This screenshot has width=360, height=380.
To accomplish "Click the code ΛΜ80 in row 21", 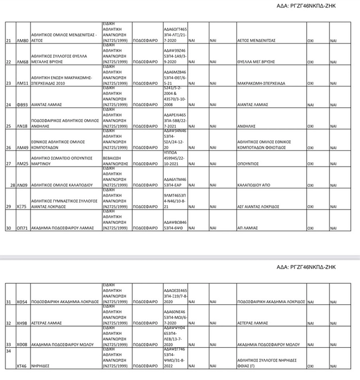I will (x=23, y=41).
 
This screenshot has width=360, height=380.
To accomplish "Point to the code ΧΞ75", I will (x=22, y=207).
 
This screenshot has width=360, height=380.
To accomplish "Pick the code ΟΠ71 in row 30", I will (x=23, y=229).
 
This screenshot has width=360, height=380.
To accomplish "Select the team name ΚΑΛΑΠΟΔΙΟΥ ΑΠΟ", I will (x=255, y=186).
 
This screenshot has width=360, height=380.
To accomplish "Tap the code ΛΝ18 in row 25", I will (x=22, y=126).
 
